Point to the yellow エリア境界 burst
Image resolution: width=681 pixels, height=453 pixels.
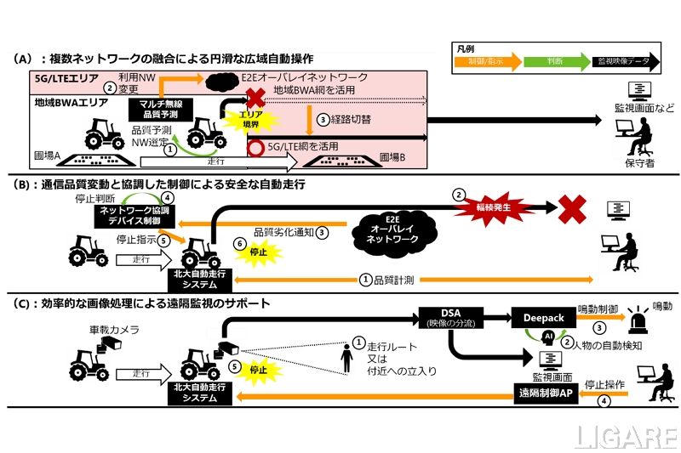click(x=248, y=120)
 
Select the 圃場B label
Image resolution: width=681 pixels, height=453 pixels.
click(x=392, y=157)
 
